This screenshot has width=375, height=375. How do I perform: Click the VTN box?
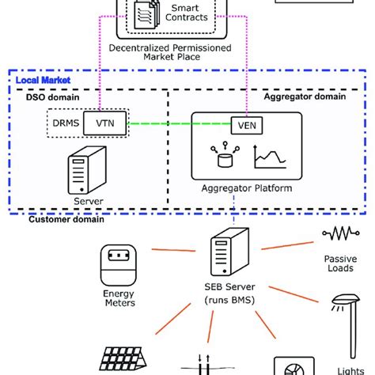tap(104, 123)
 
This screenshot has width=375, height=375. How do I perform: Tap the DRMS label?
tap(65, 123)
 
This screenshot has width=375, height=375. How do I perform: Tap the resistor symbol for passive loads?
tap(339, 234)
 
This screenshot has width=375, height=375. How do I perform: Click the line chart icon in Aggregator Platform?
tap(269, 157)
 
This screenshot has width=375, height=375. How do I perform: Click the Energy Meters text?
tap(119, 298)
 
